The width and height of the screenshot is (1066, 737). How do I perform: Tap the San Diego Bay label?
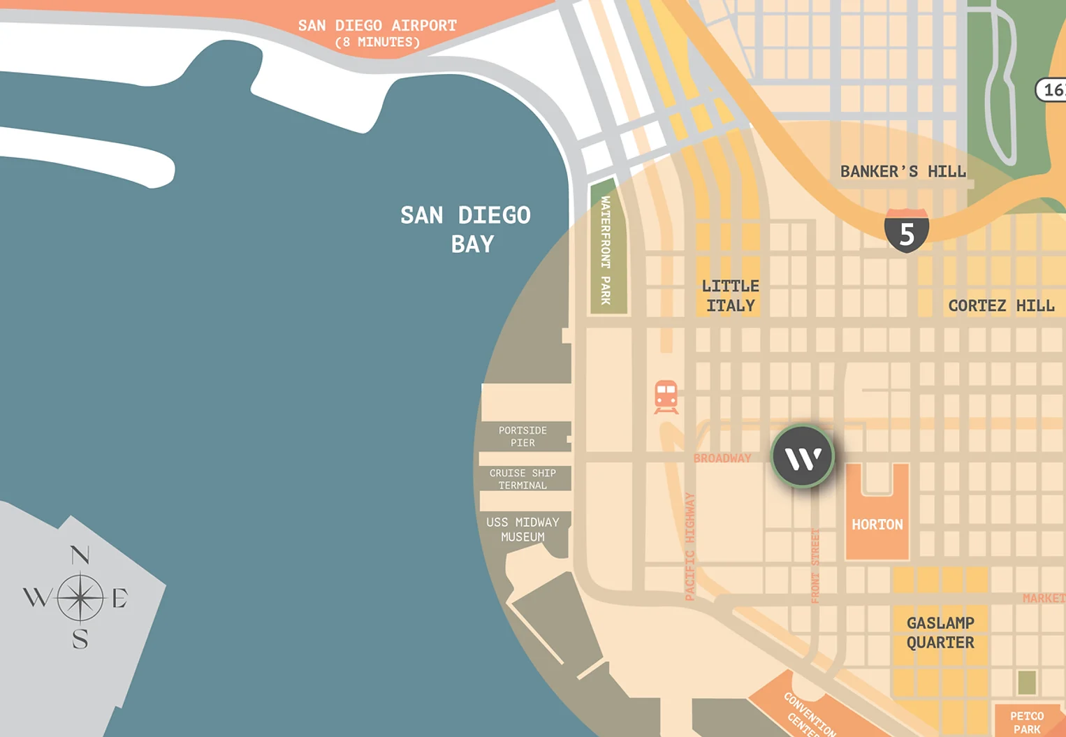(466, 229)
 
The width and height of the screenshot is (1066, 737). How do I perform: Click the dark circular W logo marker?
(803, 457)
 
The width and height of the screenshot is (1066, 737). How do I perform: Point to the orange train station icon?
(666, 397)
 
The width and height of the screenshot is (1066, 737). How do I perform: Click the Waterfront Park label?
(606, 250)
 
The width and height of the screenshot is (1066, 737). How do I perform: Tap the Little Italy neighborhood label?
(731, 295)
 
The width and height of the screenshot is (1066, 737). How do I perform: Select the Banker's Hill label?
(903, 172)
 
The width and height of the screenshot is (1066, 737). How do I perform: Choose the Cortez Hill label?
(1000, 306)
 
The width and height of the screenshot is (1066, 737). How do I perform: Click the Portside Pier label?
(523, 437)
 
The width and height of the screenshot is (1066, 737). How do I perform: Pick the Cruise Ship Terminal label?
(523, 479)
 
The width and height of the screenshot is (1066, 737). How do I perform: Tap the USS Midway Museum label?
(523, 530)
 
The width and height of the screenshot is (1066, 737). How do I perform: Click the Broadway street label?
(722, 458)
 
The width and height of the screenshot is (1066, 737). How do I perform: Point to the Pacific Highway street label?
(690, 546)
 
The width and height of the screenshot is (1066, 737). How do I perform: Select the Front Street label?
(815, 566)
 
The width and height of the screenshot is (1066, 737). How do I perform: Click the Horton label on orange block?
(877, 525)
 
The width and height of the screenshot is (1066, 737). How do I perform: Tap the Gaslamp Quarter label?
(940, 633)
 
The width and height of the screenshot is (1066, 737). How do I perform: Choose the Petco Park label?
(1027, 722)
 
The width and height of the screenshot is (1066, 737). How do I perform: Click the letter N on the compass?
(80, 555)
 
